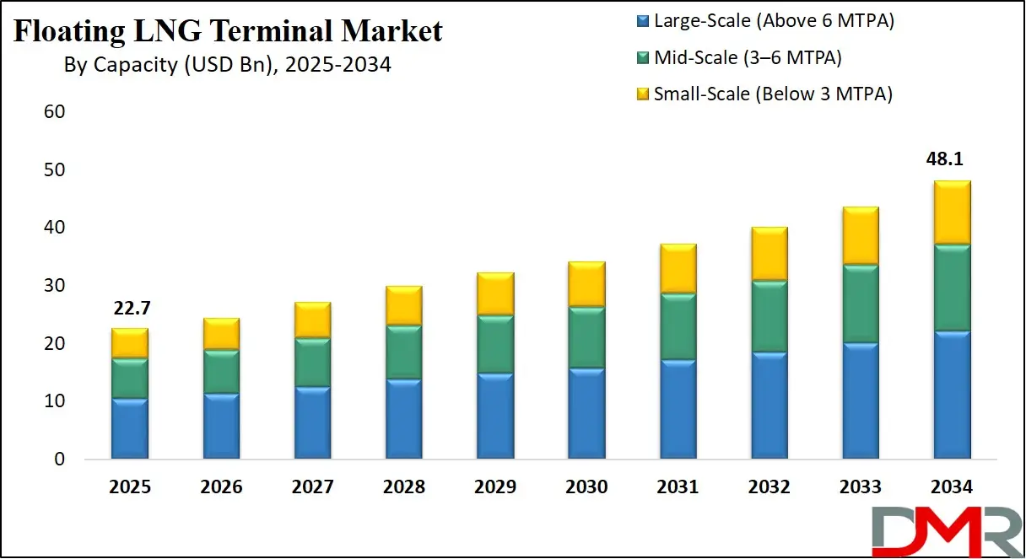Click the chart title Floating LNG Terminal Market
coord(228,31)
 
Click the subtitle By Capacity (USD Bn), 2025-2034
coord(228,64)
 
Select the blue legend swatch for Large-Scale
coord(642,22)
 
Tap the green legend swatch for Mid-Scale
coord(642,58)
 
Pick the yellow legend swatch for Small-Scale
coord(642,94)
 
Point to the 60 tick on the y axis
coord(53,112)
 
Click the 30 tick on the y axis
coord(53,286)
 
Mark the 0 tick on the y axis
coord(58,460)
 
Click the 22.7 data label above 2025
coord(129,310)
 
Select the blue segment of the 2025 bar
coord(129,428)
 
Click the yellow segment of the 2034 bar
coord(951,212)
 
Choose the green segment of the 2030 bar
coord(586,337)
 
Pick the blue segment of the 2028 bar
coord(403,419)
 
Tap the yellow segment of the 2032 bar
coord(769,254)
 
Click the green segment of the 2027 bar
coord(312,363)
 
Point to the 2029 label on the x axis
coord(495,486)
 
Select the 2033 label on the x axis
coord(860,486)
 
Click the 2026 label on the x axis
coord(221,486)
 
